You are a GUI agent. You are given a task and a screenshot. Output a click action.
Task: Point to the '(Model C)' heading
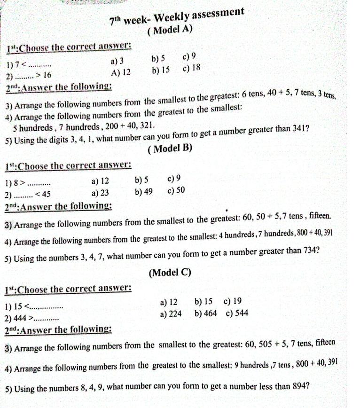coord(170,273)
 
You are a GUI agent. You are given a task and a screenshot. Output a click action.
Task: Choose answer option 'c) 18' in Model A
coord(191,68)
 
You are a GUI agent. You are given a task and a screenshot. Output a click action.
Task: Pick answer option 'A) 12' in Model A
coord(121,73)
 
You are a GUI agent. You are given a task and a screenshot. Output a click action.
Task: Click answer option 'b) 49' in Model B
coord(143,191)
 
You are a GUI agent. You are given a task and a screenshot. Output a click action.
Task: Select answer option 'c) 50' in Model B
coord(176,190)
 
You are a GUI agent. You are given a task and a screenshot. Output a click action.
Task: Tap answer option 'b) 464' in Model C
coord(205,313)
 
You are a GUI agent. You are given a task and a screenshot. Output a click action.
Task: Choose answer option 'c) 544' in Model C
coord(237,313)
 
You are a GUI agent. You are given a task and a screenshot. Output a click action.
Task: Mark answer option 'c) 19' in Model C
coord(233,301)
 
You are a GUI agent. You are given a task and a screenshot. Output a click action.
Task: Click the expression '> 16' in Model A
coord(44,75)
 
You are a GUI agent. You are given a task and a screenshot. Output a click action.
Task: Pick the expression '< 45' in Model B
coord(43,195)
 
